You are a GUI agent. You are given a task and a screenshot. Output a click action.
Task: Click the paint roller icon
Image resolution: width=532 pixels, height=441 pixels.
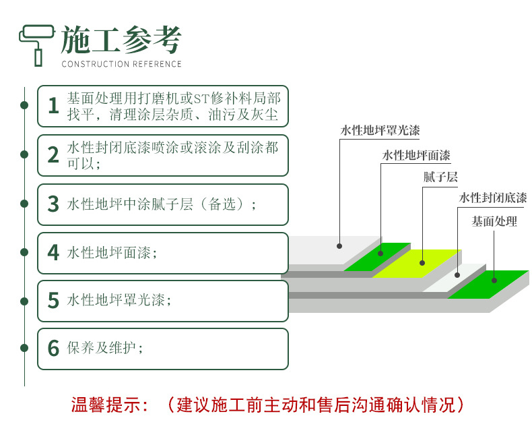[x=36, y=45]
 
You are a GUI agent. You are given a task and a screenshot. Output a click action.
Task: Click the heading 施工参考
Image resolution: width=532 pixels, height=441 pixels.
[x=121, y=40]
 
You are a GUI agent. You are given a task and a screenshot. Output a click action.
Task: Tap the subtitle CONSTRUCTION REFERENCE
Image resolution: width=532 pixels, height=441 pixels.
[x=121, y=64]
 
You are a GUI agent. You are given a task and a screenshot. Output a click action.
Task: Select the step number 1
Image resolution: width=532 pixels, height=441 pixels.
[x=54, y=105]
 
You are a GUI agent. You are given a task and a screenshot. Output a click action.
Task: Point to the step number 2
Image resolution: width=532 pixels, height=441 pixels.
[x=54, y=155]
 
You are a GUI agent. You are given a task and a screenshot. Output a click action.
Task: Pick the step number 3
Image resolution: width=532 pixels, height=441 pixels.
[x=54, y=204]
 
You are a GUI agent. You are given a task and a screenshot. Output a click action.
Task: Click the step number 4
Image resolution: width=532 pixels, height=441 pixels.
[x=54, y=252]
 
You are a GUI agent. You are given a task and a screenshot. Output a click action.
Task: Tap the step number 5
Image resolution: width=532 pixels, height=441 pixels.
[x=54, y=300]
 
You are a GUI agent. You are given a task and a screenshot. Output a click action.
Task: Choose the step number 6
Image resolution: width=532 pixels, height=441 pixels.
[x=54, y=348]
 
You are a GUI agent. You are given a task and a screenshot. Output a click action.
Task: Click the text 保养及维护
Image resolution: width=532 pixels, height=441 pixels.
[x=102, y=347]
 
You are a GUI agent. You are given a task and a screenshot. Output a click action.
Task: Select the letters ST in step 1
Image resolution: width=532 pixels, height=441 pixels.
[x=201, y=99]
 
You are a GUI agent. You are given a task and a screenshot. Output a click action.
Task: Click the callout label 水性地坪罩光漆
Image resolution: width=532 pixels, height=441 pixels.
[x=380, y=130]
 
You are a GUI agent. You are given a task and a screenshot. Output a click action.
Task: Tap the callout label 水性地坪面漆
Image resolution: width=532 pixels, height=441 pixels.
[x=416, y=155]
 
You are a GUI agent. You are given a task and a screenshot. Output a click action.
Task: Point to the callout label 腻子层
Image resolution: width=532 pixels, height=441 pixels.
[x=440, y=177]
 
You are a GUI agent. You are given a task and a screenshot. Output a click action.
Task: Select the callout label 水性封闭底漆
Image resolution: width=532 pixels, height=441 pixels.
[x=493, y=198]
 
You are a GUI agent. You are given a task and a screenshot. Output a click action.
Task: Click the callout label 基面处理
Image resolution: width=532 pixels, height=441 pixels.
[x=494, y=222]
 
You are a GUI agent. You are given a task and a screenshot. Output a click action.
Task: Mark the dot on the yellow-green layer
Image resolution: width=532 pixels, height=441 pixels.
[x=422, y=262]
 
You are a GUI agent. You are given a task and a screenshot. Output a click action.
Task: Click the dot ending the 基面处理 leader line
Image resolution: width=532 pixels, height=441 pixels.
[x=494, y=281]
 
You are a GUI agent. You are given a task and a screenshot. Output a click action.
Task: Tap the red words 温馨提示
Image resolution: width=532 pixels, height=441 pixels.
[x=106, y=405]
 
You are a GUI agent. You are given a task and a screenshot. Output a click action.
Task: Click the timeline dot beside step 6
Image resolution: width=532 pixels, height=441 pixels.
[x=24, y=348]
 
